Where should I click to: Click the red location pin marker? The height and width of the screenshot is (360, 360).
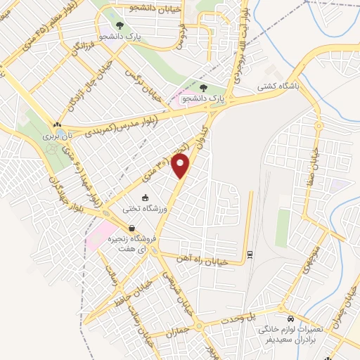(x=181, y=167)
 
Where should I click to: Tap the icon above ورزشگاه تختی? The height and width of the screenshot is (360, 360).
(x=146, y=198)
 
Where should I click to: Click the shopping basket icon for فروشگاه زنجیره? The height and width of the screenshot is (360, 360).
(x=131, y=228)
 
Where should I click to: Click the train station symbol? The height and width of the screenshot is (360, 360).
(x=250, y=253)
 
